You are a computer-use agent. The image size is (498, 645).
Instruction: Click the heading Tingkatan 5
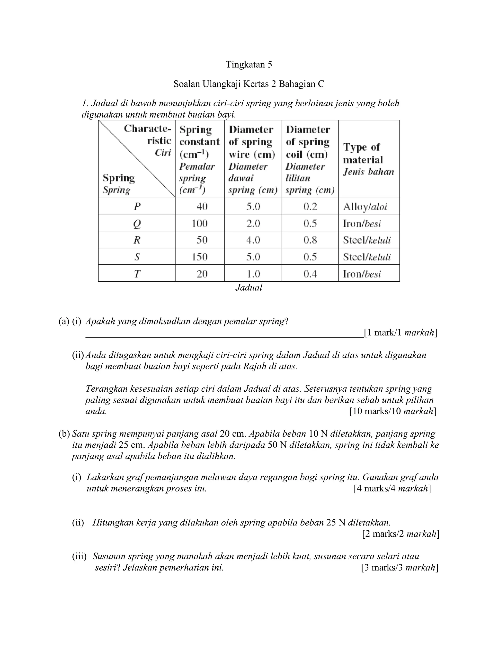[x=249, y=64]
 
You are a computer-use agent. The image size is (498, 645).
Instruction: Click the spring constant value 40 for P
[x=202, y=206]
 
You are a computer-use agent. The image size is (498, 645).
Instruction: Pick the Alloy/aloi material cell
[x=365, y=206]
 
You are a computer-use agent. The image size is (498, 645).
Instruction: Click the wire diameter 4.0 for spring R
[x=253, y=240]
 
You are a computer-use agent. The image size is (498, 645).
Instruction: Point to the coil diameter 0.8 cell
[x=310, y=240]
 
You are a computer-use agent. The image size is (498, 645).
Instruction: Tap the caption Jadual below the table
[x=249, y=287]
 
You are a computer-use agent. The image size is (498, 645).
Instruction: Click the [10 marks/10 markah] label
[x=392, y=411]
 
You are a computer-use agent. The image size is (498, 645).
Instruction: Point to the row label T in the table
[x=137, y=274]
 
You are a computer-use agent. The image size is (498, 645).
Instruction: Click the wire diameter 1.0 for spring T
[x=253, y=274]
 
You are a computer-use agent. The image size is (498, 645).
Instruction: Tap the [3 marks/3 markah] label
[x=399, y=567]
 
